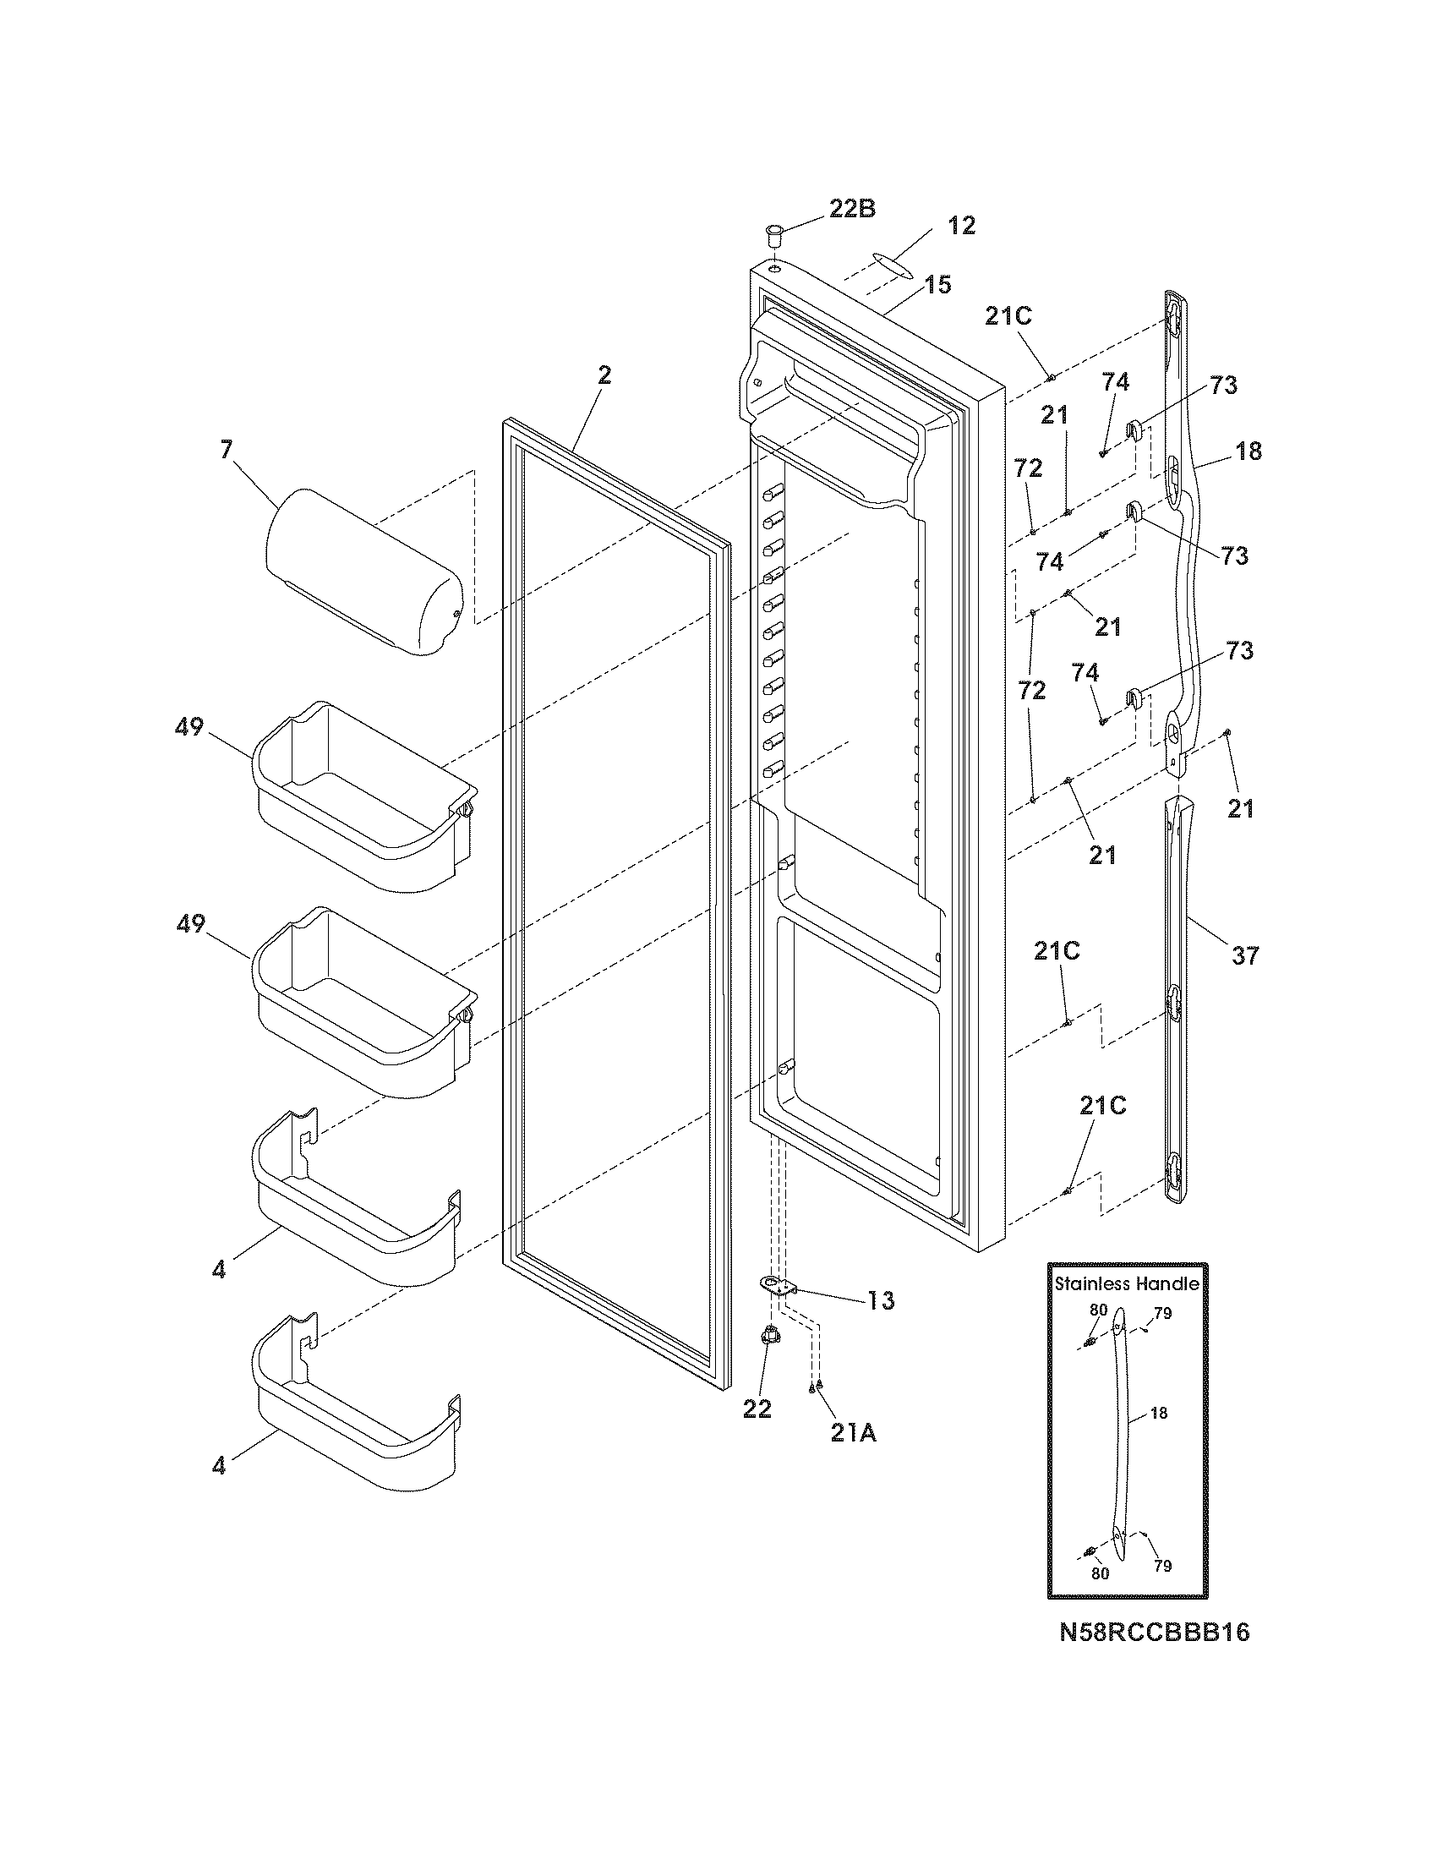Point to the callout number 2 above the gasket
coord(604,375)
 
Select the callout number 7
coord(226,450)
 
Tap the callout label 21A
coord(853,1433)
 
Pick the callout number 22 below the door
coord(757,1409)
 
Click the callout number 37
coord(1244,955)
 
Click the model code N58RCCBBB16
coord(1155,1632)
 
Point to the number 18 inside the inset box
coord(1159,1413)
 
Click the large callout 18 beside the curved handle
coord(1248,451)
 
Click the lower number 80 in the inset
coord(1100,1574)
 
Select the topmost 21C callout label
coord(1008,316)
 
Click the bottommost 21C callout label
coord(1102,1106)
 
